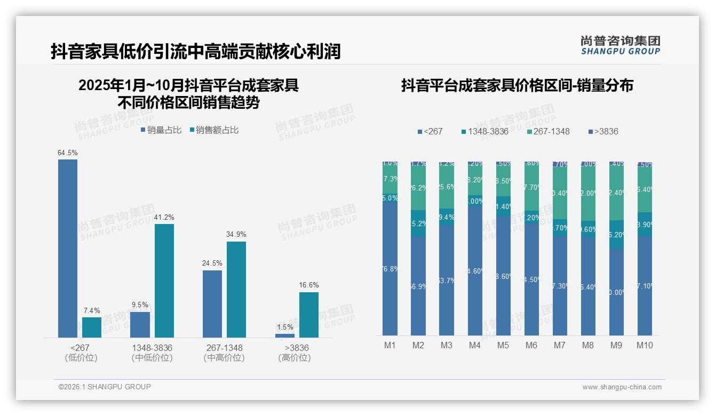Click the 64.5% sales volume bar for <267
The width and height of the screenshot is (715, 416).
tap(68, 248)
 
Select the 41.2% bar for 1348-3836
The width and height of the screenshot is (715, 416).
tap(164, 281)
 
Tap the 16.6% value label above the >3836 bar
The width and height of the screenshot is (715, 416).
tap(309, 285)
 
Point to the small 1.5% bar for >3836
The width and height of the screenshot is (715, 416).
tap(285, 335)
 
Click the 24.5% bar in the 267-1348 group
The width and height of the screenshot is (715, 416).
tap(212, 303)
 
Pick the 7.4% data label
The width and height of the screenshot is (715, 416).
tap(92, 310)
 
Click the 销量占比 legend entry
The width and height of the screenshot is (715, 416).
tap(161, 130)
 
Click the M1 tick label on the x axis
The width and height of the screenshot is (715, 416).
tap(390, 345)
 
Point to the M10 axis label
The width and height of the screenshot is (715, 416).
tap(645, 345)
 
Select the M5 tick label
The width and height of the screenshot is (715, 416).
tap(503, 345)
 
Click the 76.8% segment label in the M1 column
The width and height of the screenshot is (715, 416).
tap(390, 269)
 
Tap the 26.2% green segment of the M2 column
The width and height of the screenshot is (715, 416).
tap(418, 188)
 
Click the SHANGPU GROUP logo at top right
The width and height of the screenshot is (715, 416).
tap(620, 45)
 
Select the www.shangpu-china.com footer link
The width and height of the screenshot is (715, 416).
tap(622, 387)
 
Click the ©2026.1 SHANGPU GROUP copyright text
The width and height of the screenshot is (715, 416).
tap(105, 387)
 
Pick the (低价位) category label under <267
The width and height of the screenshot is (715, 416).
tap(80, 358)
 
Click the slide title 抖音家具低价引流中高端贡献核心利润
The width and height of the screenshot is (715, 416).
tap(195, 52)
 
